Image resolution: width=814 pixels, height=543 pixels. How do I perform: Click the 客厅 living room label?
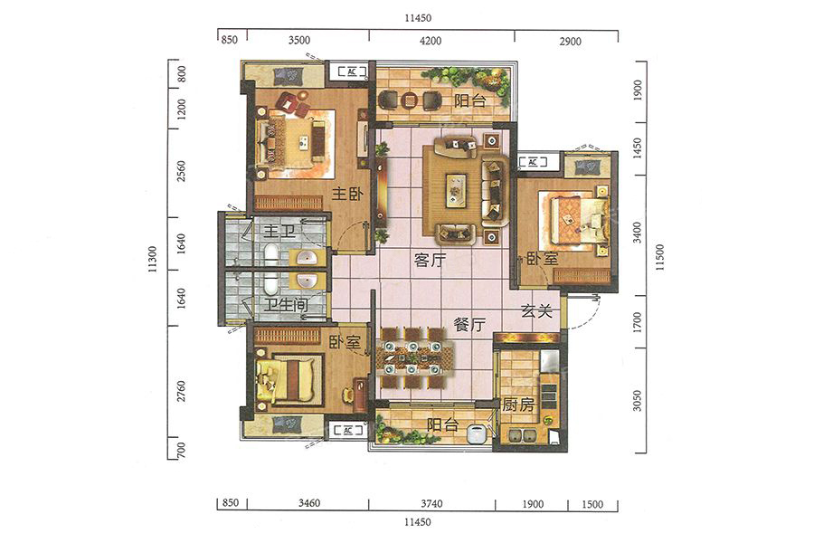pos(431,260)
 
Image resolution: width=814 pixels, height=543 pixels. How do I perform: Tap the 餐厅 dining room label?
pos(469,325)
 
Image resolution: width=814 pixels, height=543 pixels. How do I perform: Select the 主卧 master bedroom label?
pos(347,195)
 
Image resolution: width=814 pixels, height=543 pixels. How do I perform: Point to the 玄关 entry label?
pos(536,310)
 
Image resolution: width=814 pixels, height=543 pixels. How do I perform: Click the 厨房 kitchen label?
pos(517,405)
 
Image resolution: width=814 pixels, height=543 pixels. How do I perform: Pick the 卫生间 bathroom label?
pos(286,304)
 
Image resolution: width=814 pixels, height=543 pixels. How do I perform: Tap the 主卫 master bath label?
pos(279,231)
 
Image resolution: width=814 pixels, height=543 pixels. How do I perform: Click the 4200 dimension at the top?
pos(431,41)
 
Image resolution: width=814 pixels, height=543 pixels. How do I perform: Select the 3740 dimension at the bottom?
pos(431,503)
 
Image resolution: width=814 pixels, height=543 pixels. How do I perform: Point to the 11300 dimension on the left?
pos(153,260)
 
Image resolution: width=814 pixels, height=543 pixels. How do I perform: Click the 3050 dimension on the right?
pos(637,401)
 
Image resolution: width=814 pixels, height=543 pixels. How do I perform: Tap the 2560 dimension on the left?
pos(181,171)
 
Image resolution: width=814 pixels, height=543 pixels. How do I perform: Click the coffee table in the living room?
pos(456,190)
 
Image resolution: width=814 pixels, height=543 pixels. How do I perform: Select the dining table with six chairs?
pos(412,358)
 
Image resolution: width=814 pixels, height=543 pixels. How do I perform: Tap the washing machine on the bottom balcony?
pos(476,434)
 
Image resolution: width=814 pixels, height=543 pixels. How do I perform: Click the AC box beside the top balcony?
pos(352,71)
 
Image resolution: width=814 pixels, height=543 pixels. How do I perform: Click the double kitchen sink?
pos(522,435)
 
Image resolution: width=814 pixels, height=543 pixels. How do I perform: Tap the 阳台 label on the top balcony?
pos(469,100)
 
